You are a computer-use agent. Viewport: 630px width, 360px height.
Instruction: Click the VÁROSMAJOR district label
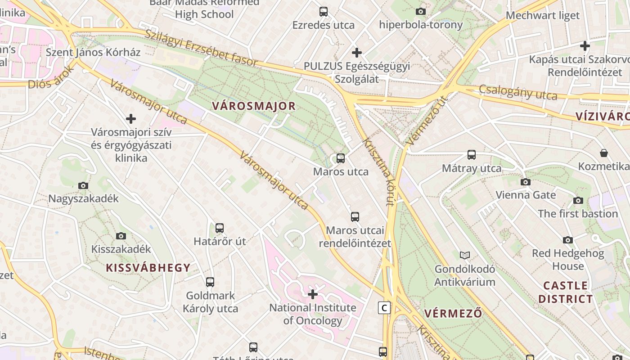(x=254, y=106)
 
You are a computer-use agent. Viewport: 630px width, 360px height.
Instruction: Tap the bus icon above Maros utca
(x=341, y=158)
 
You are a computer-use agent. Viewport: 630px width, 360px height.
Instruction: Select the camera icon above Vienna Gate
(x=525, y=182)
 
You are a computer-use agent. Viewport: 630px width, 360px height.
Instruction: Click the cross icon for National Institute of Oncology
(x=312, y=295)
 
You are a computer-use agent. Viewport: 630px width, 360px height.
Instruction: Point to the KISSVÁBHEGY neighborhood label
(x=148, y=268)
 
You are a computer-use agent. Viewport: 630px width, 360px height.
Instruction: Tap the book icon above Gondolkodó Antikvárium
(x=464, y=256)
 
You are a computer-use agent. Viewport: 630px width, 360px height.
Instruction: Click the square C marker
(x=384, y=308)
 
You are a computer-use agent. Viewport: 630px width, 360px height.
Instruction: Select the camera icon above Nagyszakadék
(x=83, y=186)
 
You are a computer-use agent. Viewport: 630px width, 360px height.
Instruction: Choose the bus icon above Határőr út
(x=220, y=228)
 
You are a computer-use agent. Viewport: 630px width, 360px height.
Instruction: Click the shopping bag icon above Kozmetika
(x=604, y=153)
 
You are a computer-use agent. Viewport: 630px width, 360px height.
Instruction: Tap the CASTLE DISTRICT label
(x=566, y=292)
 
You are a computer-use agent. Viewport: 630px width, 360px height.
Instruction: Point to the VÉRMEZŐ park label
(x=453, y=313)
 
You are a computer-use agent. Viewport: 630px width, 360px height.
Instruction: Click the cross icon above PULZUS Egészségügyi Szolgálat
(x=357, y=53)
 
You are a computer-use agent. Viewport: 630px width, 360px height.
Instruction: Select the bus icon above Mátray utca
(x=471, y=155)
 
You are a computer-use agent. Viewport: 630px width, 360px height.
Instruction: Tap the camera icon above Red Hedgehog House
(x=568, y=240)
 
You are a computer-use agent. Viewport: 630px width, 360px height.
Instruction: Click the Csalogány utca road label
(x=518, y=92)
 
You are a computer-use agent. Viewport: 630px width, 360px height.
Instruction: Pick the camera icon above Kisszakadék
(x=121, y=236)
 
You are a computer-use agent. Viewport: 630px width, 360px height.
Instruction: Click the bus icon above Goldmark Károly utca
(x=210, y=283)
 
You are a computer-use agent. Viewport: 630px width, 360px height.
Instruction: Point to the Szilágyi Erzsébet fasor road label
(x=201, y=48)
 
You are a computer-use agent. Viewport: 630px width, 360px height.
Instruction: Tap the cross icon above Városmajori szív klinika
(x=131, y=119)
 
